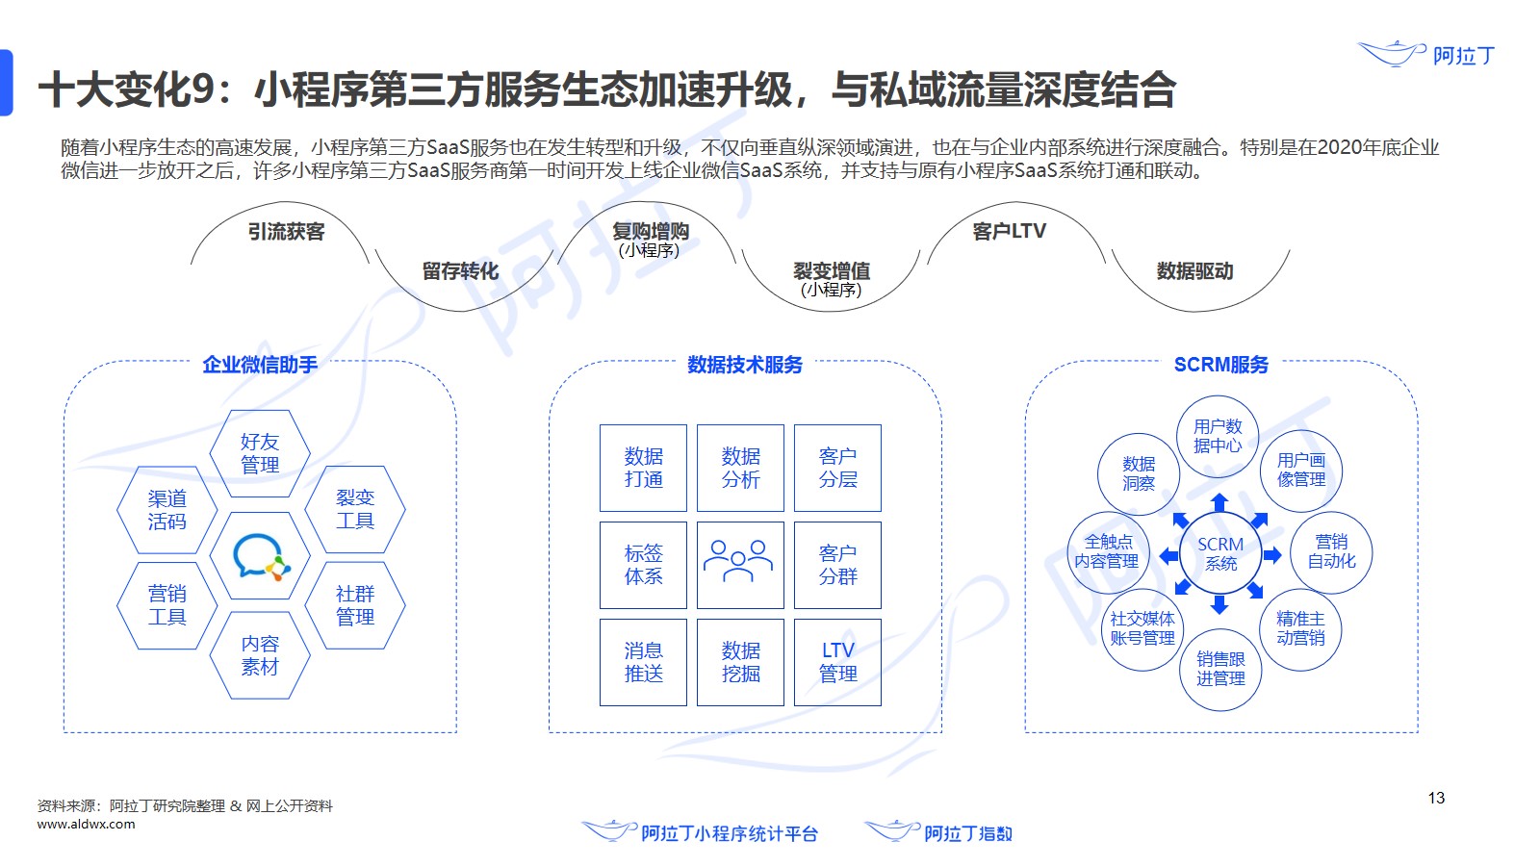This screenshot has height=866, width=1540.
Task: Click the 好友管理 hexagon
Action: pos(260,453)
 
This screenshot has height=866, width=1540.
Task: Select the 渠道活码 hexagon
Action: pos(167,510)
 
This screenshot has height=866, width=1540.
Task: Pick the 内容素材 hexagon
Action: pos(260,655)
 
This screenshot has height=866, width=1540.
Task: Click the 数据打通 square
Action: pos(643,468)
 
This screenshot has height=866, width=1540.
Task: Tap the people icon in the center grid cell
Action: pos(739,564)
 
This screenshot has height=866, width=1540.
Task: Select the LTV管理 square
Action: pos(837,662)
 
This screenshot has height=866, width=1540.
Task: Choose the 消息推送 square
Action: pos(643,662)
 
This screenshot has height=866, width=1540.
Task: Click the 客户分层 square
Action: pos(837,468)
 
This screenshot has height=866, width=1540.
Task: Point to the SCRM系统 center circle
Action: pos(1220,554)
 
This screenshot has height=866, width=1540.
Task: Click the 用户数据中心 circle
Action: pos(1218,436)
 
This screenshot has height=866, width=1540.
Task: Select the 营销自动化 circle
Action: pos(1331,551)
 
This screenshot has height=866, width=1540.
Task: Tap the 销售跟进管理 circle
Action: pos(1220,669)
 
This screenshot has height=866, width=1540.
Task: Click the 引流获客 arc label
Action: pos(286,232)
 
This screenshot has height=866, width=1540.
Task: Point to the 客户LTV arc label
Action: pos(1009,232)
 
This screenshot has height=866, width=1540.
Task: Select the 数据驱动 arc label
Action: pos(1194,271)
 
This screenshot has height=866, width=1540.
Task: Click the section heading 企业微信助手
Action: pos(260,365)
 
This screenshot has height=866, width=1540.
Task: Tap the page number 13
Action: pos(1436,798)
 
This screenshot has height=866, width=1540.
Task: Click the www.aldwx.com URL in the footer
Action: pos(87,825)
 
